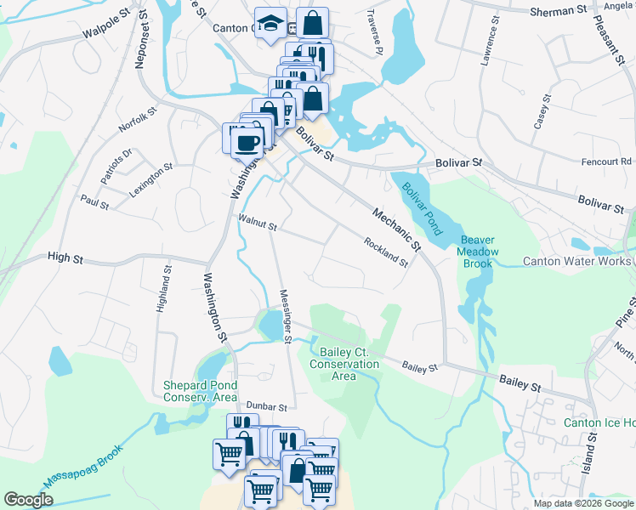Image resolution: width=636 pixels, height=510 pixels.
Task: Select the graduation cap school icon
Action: click(270, 25)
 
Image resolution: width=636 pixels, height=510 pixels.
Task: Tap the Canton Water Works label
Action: click(576, 261)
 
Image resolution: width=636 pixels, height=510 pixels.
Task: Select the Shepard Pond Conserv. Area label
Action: click(200, 391)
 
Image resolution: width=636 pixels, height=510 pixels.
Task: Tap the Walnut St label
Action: click(257, 224)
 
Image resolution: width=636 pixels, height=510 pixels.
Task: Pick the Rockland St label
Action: click(386, 251)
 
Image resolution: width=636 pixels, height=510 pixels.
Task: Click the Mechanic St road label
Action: click(396, 229)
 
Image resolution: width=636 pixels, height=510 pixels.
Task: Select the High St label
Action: click(64, 256)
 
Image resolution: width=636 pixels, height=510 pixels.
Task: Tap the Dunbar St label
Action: click(268, 408)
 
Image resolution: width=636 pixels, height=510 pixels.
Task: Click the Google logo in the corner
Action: click(28, 500)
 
